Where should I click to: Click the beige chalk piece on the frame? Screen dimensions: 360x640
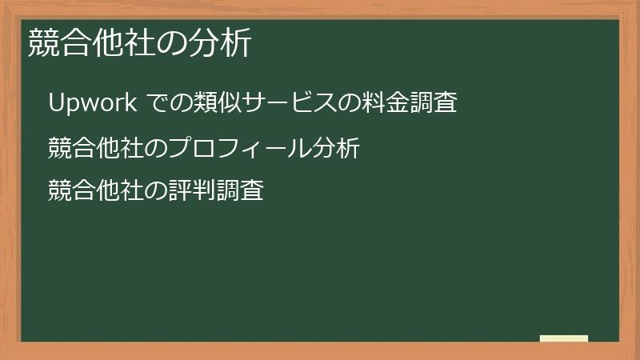coord(564,338)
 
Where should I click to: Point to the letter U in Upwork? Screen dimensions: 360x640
coord(56,103)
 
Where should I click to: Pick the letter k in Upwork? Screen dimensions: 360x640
coord(136,103)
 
